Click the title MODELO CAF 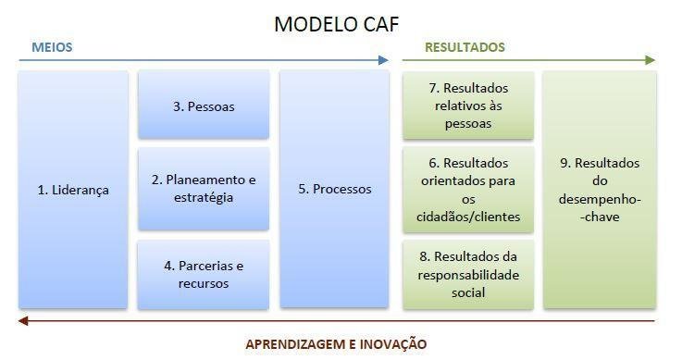[336, 24]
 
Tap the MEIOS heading [52, 47]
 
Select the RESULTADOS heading [465, 47]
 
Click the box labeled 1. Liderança [73, 190]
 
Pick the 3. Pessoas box [204, 106]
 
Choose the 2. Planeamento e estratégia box [204, 189]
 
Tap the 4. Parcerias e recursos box [204, 275]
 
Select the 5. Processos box [334, 190]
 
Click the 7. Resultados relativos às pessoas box [468, 106]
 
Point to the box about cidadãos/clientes [468, 190]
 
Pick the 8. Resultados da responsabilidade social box [468, 275]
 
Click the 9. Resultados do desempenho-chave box [600, 190]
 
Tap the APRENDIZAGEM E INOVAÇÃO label [336, 344]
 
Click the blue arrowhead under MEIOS [383, 60]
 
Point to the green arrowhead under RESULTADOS [651, 60]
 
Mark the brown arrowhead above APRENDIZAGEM [23, 321]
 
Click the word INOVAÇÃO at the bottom [393, 344]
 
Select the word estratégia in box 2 [204, 198]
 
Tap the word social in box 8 [468, 292]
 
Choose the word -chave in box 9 [600, 217]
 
